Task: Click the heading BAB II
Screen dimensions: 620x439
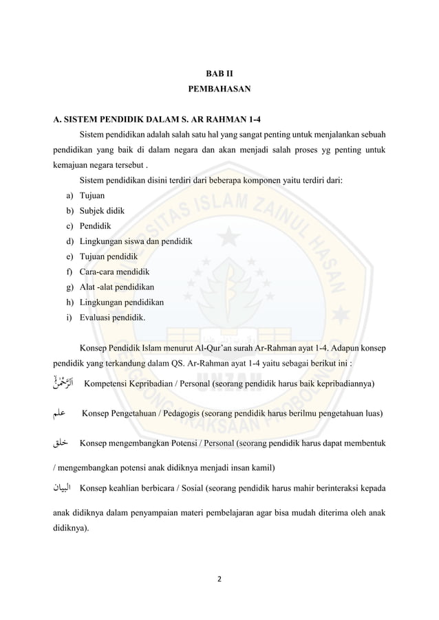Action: click(219, 72)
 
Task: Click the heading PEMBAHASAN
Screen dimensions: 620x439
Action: click(219, 89)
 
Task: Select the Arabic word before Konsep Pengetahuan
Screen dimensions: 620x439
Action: click(62, 413)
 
